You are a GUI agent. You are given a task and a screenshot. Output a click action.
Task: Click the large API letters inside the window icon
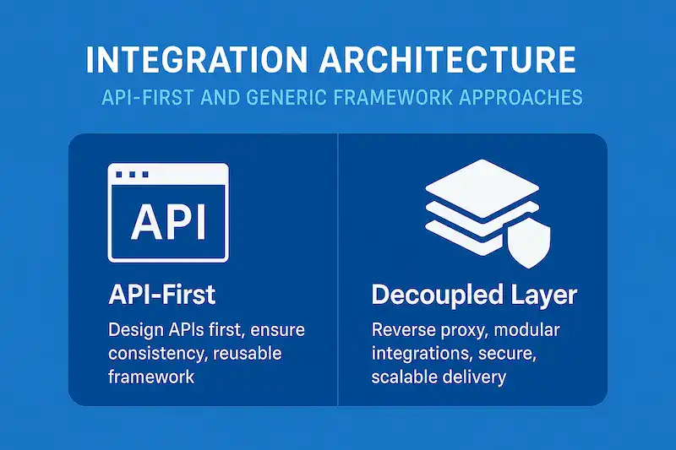point(168,221)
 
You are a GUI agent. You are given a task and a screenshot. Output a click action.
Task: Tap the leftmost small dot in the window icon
point(119,175)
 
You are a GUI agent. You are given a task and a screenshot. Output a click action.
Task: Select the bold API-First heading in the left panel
point(162,295)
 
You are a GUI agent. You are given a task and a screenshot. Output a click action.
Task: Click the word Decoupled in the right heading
point(435,295)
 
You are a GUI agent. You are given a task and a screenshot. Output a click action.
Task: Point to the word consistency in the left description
point(155,352)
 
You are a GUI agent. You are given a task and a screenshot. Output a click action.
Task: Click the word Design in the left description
point(134,328)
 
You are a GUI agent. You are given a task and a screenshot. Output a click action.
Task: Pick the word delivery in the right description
point(476,376)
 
